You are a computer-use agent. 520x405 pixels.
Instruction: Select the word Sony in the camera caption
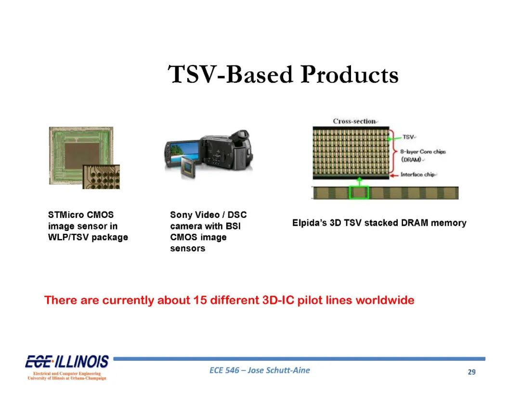181,215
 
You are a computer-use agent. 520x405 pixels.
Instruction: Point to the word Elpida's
310,223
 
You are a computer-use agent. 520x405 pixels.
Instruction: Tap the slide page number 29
471,372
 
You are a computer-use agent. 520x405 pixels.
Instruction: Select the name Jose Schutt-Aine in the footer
279,370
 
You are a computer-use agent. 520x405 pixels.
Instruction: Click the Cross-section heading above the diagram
354,121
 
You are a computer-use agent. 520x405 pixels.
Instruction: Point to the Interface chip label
417,174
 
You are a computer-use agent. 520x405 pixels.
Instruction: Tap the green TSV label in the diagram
408,137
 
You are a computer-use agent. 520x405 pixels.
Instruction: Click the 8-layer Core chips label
423,155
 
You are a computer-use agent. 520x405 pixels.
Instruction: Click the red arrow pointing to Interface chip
394,175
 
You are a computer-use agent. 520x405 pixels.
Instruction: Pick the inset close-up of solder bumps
101,177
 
